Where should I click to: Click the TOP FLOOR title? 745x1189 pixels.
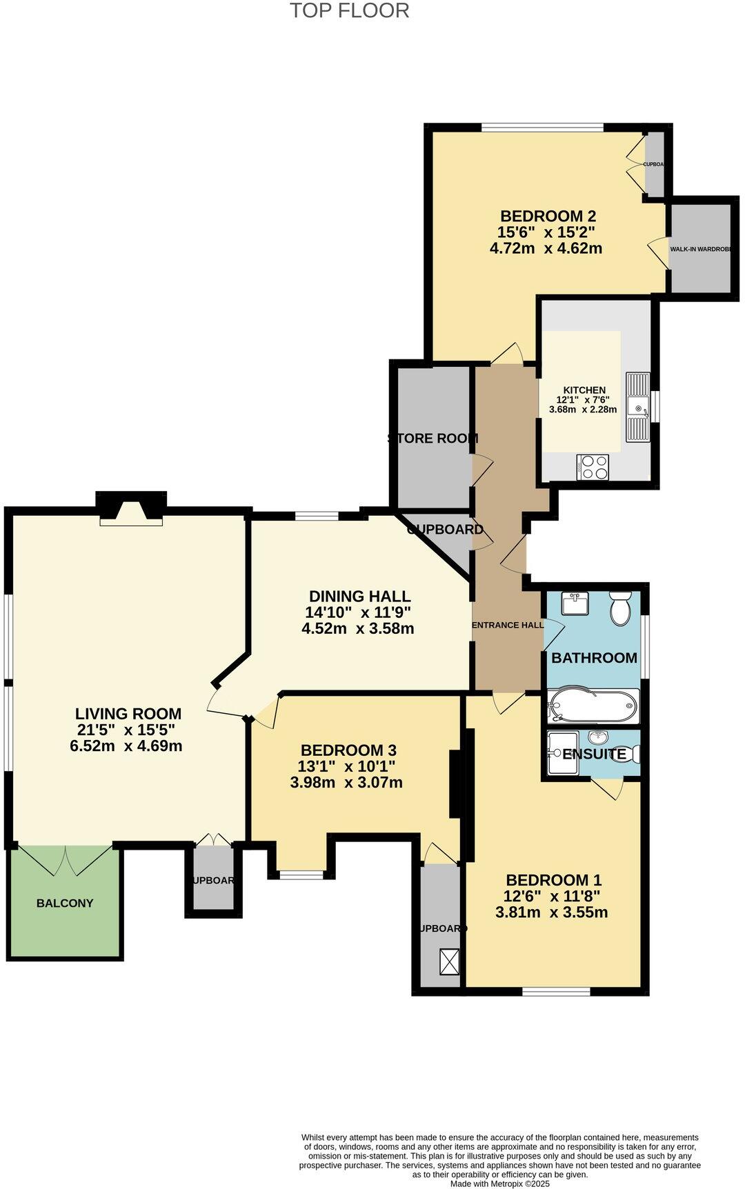[349, 11]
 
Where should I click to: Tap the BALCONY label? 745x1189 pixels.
[65, 903]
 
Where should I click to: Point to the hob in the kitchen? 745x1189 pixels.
[593, 467]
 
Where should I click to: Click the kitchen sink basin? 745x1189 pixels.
[638, 407]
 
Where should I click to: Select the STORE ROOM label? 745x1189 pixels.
[433, 439]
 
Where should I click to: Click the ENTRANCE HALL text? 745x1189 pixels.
[507, 626]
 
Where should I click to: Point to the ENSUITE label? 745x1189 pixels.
[594, 755]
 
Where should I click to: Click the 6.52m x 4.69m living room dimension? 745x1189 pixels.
[126, 746]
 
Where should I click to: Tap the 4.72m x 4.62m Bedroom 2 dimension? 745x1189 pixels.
[546, 248]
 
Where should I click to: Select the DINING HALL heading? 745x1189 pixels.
[359, 597]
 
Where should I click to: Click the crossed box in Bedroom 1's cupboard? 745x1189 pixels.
[450, 962]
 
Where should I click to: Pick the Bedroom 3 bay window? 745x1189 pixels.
[301, 875]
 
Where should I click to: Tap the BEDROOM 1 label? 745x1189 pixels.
[553, 880]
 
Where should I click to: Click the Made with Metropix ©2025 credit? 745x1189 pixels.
[500, 1183]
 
